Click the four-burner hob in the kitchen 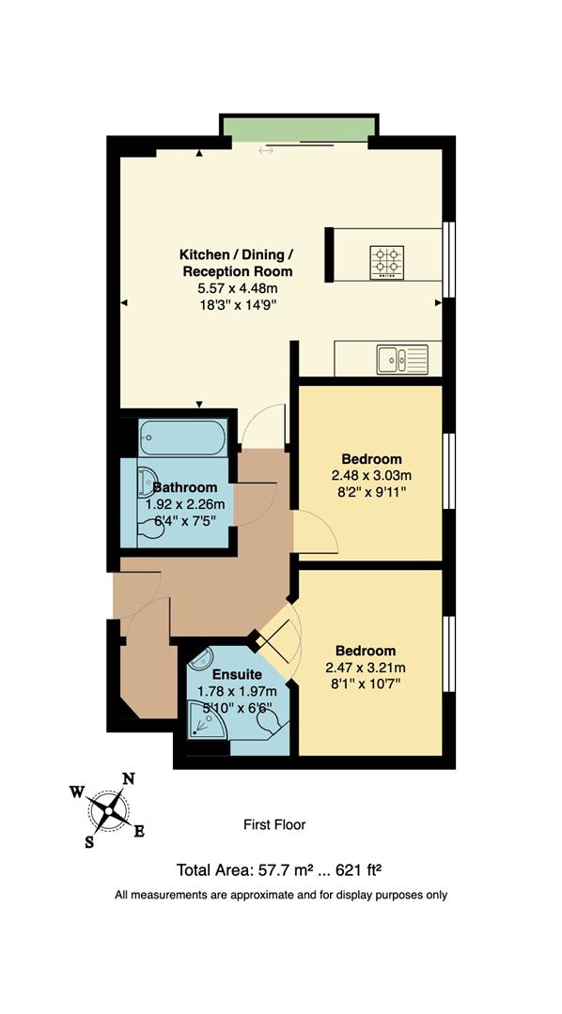coord(386,259)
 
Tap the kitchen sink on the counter coord(400,358)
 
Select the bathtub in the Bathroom coord(182,438)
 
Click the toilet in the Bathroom coord(149,531)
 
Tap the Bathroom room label coord(185,487)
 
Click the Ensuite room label coord(230,673)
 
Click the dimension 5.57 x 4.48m coord(237,288)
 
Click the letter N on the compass coord(130,778)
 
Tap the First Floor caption coord(274,824)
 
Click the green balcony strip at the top coord(299,129)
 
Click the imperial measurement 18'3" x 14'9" coord(237,305)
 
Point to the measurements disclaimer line coord(281,895)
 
